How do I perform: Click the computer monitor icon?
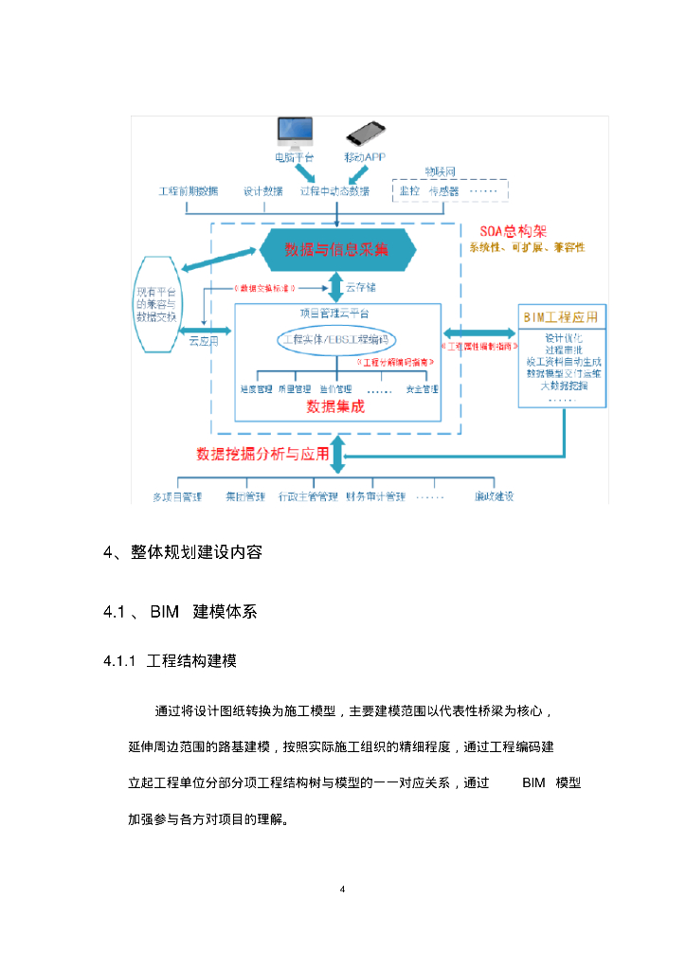tap(295, 133)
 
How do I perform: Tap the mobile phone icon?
tap(365, 133)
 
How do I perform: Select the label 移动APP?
tap(365, 156)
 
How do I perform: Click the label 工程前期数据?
tap(188, 190)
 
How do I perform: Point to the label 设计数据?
tap(262, 190)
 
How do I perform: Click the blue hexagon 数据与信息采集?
tap(336, 249)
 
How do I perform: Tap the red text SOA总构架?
tap(513, 230)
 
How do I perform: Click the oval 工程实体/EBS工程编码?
tap(336, 339)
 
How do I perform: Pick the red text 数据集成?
tap(335, 406)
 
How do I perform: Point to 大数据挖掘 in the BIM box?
tap(564, 386)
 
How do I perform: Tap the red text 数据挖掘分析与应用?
tap(262, 454)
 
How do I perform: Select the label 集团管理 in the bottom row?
tap(244, 496)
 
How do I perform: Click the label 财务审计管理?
tap(375, 496)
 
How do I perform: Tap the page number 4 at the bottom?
tap(342, 889)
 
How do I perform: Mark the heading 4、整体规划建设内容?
tap(182, 553)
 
